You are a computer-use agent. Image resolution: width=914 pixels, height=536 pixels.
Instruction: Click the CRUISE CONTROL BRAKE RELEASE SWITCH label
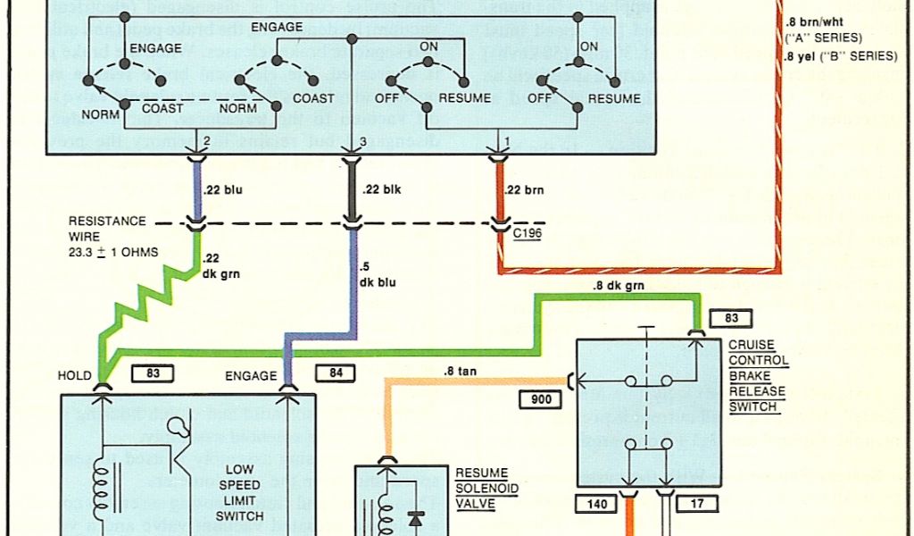pyautogui.click(x=759, y=376)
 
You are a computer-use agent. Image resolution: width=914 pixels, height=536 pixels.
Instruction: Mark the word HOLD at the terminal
pyautogui.click(x=74, y=375)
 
